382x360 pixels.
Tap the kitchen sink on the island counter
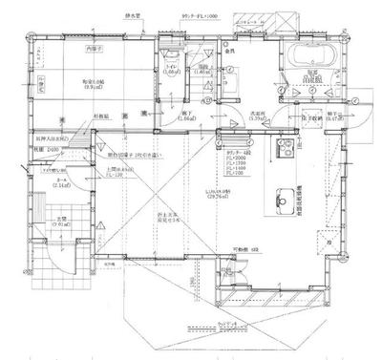285,199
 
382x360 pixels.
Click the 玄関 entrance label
61,221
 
